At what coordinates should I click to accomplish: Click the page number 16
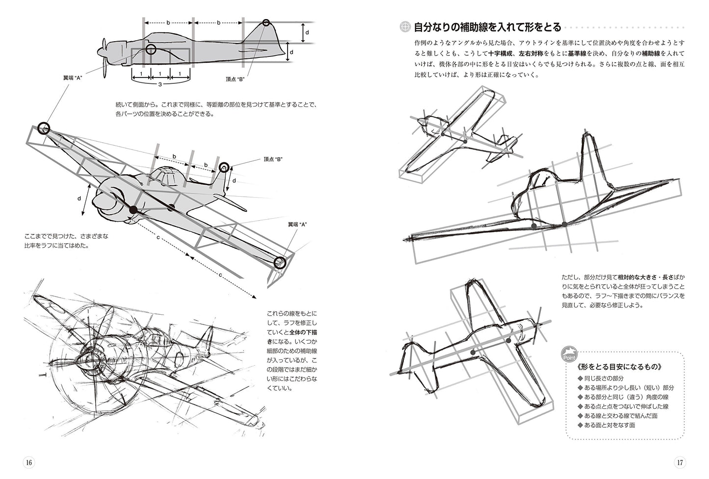[28, 462]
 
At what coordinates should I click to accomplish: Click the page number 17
[680, 462]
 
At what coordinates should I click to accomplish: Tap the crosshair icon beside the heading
[405, 27]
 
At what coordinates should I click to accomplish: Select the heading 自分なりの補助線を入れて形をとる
[487, 27]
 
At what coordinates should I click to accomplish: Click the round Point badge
[570, 354]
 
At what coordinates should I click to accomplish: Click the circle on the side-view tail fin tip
[266, 23]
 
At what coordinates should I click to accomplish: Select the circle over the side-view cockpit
[151, 49]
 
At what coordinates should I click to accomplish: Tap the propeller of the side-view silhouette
[104, 57]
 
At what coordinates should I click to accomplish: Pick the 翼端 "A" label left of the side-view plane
[72, 78]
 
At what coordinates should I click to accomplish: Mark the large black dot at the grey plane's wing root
[133, 210]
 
